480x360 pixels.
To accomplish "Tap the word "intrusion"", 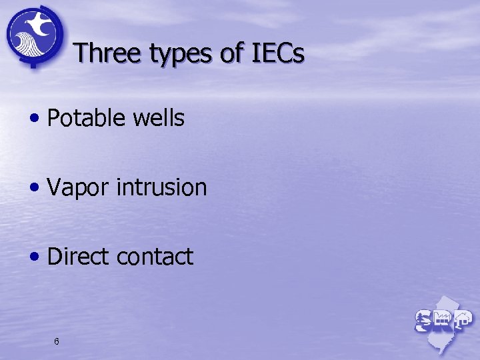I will (x=161, y=187).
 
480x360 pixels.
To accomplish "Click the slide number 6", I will (x=57, y=341).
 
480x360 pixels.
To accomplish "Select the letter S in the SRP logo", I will (x=423, y=321).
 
